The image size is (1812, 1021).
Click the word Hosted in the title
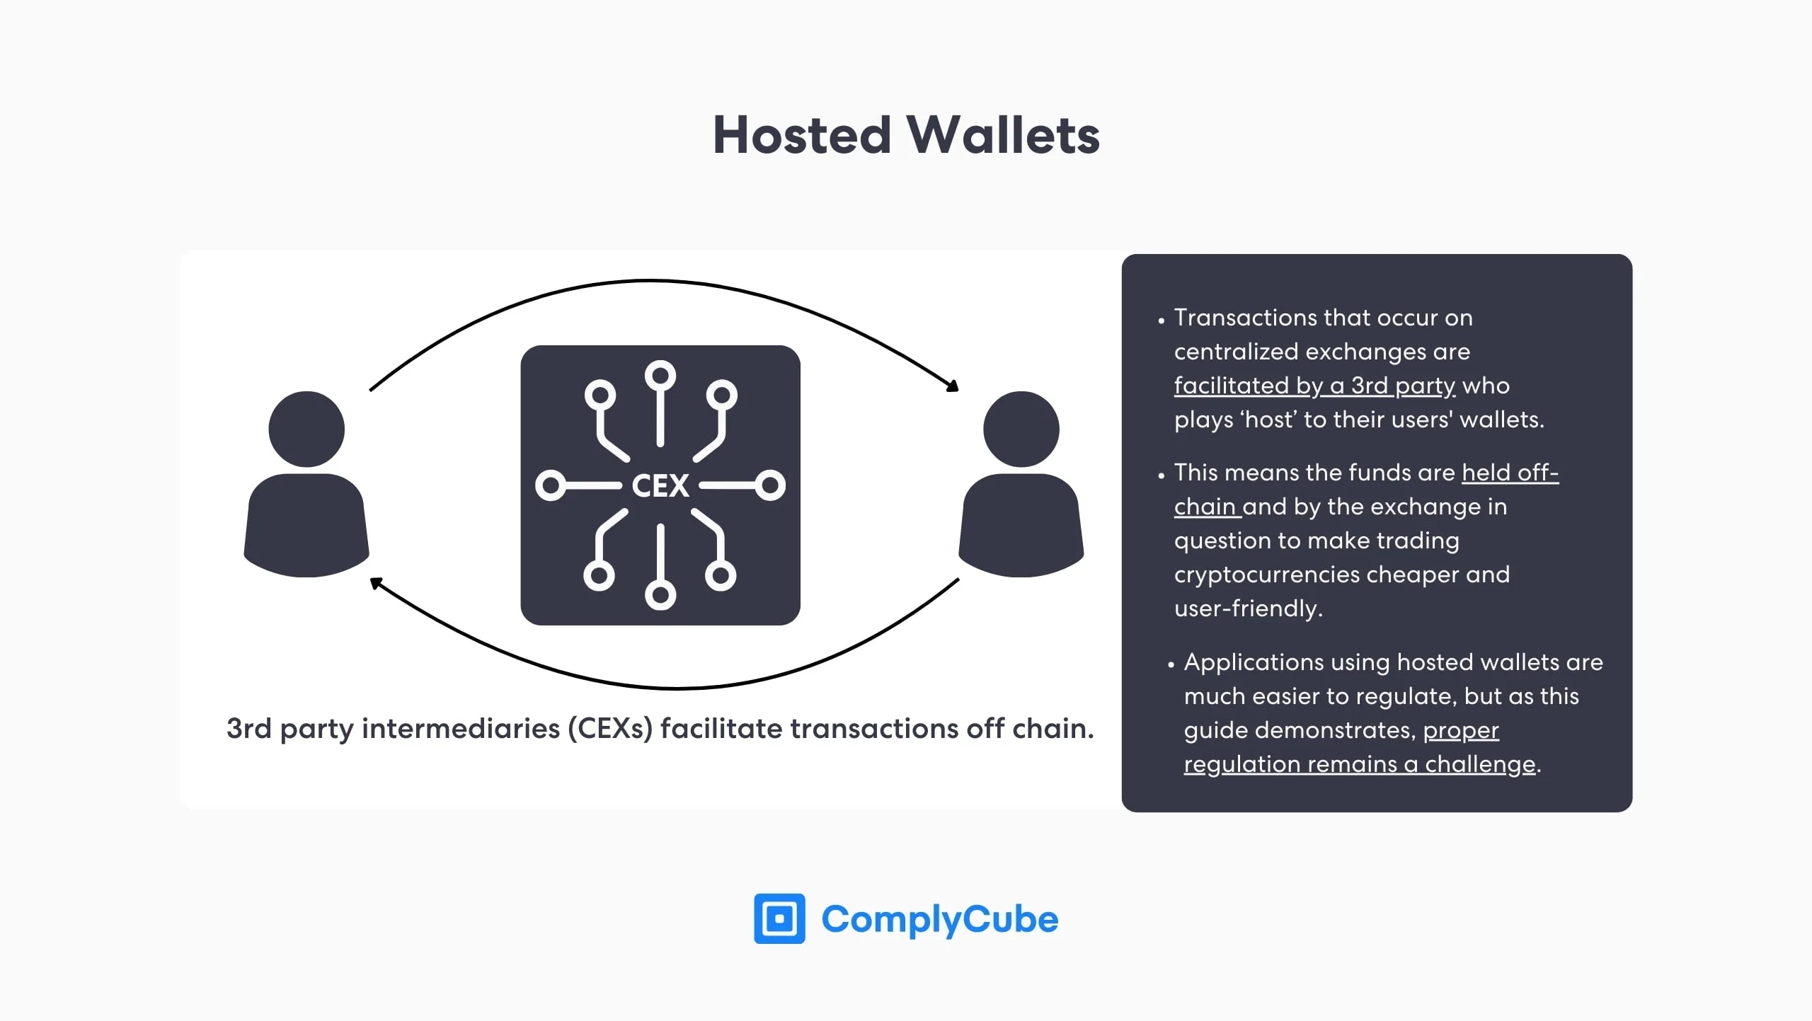tap(801, 135)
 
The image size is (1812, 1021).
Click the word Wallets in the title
tap(1003, 135)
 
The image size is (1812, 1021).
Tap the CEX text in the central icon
tap(660, 486)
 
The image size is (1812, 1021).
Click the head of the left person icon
tap(306, 429)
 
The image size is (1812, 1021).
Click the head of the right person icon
tap(1021, 429)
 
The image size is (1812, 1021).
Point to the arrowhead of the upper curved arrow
tap(953, 386)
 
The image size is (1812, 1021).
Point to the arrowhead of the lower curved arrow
tap(377, 583)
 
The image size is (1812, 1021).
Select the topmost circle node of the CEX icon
tap(660, 375)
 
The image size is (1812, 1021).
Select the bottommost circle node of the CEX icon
tap(660, 595)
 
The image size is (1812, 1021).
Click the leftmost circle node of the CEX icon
tap(550, 485)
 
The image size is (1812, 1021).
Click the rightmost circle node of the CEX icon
tap(770, 485)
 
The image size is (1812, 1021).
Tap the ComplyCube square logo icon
tap(779, 918)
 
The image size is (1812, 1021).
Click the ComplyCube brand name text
tap(939, 919)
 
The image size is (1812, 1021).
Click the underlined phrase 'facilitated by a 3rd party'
tap(1314, 386)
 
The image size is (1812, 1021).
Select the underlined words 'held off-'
tap(1510, 473)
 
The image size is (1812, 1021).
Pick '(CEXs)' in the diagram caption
tap(609, 729)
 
